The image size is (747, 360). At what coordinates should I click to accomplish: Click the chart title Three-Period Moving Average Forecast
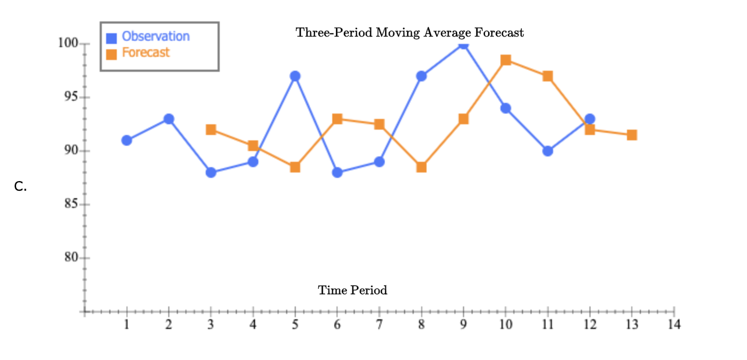[410, 33]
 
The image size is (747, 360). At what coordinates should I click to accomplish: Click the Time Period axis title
[353, 290]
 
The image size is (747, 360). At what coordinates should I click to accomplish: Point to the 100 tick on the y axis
[68, 43]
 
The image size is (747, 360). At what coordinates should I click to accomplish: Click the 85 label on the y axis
[71, 205]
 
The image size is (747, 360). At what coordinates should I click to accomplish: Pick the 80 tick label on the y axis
[71, 258]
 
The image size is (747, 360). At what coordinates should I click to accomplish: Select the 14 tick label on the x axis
[674, 325]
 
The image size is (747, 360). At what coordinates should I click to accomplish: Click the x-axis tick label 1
[127, 325]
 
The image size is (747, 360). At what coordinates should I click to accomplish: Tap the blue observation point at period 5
[295, 76]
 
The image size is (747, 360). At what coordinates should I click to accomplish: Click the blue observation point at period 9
[464, 44]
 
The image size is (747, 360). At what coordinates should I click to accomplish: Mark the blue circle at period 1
[127, 140]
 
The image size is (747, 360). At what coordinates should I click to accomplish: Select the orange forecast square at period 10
[505, 60]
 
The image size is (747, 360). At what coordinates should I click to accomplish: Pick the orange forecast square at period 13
[632, 135]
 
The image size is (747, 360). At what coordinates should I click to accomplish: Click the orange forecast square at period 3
[211, 130]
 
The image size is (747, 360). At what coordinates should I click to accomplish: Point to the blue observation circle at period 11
[548, 151]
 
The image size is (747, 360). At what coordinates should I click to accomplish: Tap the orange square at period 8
[421, 167]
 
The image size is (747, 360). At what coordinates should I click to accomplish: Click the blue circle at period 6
[337, 172]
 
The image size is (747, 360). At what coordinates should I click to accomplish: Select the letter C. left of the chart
[20, 186]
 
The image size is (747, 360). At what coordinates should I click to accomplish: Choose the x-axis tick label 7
[379, 325]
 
